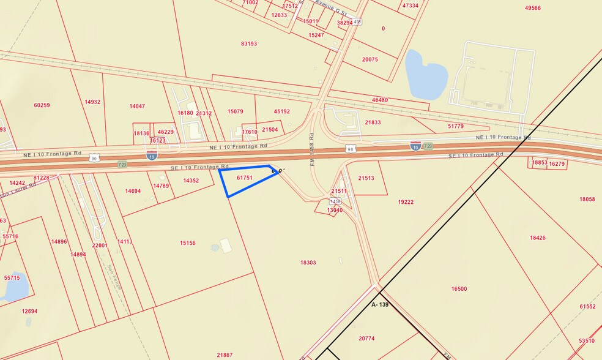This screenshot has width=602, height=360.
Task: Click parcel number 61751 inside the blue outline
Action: click(245, 178)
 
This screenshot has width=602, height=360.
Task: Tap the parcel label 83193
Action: click(249, 44)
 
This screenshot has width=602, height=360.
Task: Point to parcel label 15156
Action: click(188, 243)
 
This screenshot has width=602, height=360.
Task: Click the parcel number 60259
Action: click(42, 105)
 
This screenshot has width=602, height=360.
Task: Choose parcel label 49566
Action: click(533, 8)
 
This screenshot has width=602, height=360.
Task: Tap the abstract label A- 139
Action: click(380, 304)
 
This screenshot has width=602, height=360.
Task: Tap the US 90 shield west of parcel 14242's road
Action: click(94, 157)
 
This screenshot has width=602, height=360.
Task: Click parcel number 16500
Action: click(459, 289)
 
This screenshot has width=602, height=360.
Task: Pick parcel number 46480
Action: click(379, 100)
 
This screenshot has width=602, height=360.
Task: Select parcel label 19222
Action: click(406, 202)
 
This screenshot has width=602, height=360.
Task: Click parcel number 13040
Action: click(335, 210)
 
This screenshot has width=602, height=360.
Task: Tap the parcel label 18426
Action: click(538, 238)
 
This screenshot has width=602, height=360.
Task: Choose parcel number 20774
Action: click(366, 339)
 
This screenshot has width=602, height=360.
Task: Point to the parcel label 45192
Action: click(282, 111)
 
